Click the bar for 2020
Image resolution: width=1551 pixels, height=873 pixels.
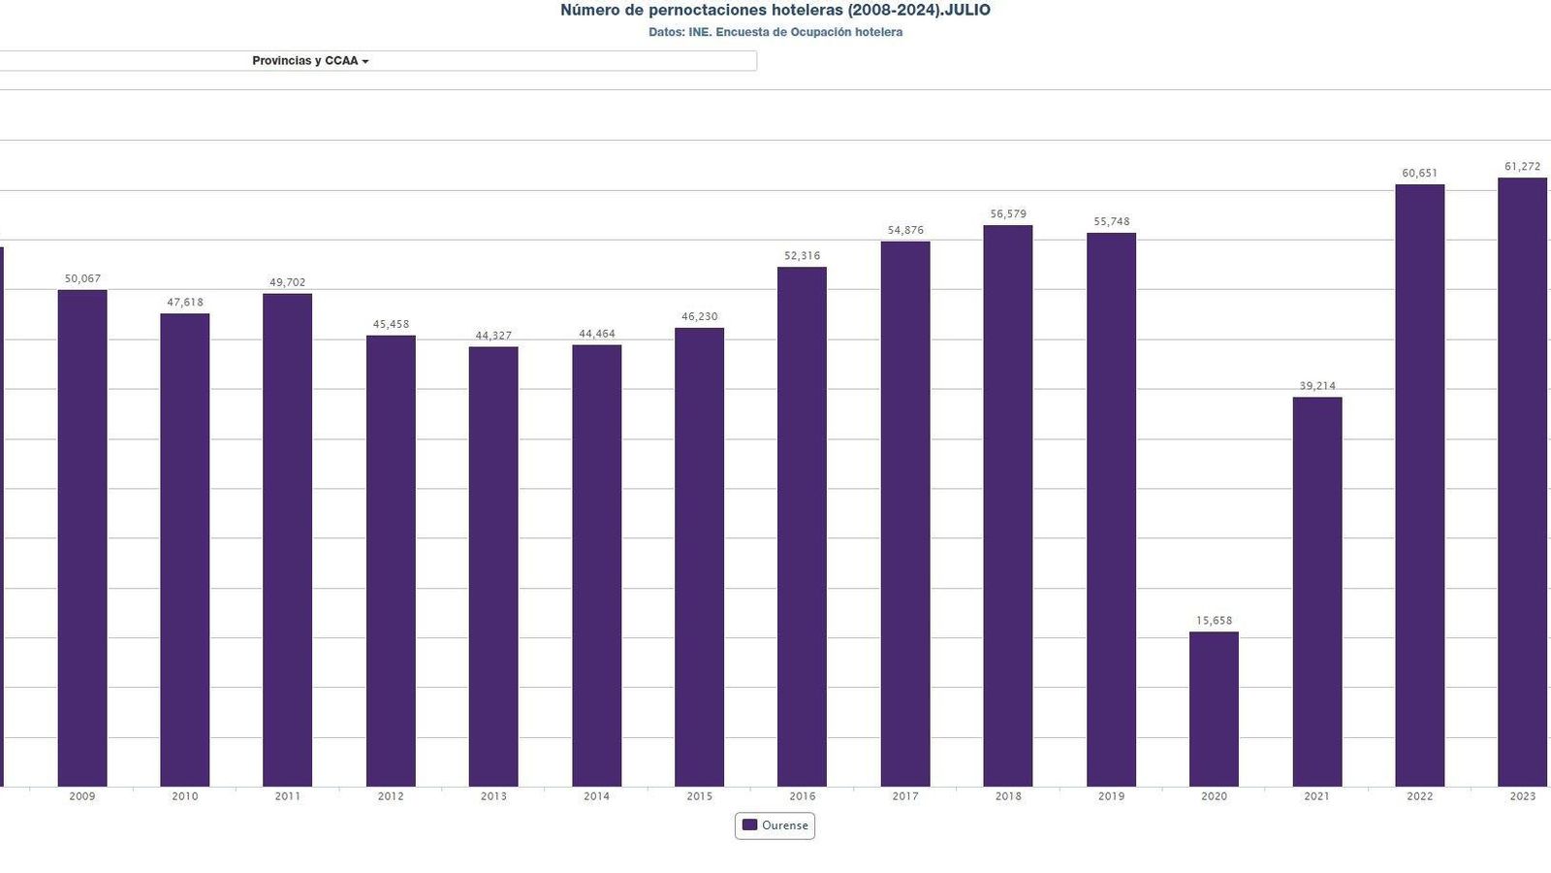point(1214,709)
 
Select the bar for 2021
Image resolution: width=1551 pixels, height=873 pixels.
point(1316,592)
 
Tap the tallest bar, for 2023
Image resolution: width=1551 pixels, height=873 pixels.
point(1522,482)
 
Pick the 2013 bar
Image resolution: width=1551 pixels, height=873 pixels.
point(493,566)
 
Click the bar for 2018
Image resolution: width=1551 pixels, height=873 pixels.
point(1008,505)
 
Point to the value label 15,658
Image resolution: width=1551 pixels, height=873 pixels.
point(1214,621)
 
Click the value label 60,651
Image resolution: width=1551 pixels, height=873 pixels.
point(1420,174)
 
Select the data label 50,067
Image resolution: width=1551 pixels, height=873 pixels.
point(82,279)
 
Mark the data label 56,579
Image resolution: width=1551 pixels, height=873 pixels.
point(1008,214)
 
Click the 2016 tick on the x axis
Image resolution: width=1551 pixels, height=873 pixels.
point(803,796)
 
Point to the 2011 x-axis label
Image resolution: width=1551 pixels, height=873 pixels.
point(288,796)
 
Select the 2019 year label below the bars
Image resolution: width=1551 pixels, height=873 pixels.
point(1111,796)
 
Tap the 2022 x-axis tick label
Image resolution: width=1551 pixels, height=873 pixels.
point(1420,796)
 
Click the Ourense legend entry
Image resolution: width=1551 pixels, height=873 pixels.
point(775,825)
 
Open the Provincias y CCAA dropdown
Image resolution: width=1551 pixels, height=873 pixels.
point(310,61)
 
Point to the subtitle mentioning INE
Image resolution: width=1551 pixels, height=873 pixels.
point(775,32)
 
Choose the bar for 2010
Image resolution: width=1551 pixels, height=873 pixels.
point(185,550)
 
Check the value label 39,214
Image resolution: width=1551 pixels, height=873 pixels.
point(1317,386)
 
